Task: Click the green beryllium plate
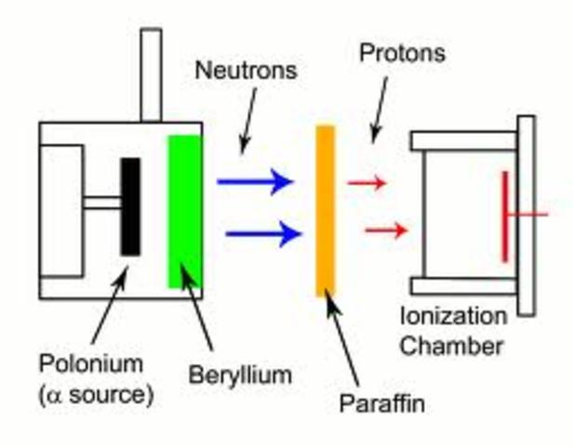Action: pyautogui.click(x=184, y=211)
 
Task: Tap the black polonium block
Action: pyautogui.click(x=131, y=205)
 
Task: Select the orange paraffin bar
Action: pyautogui.click(x=325, y=211)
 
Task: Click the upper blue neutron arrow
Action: pyautogui.click(x=255, y=182)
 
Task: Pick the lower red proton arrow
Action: pyautogui.click(x=386, y=230)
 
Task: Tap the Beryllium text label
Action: pyautogui.click(x=241, y=375)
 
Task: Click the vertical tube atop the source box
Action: pyautogui.click(x=151, y=74)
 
